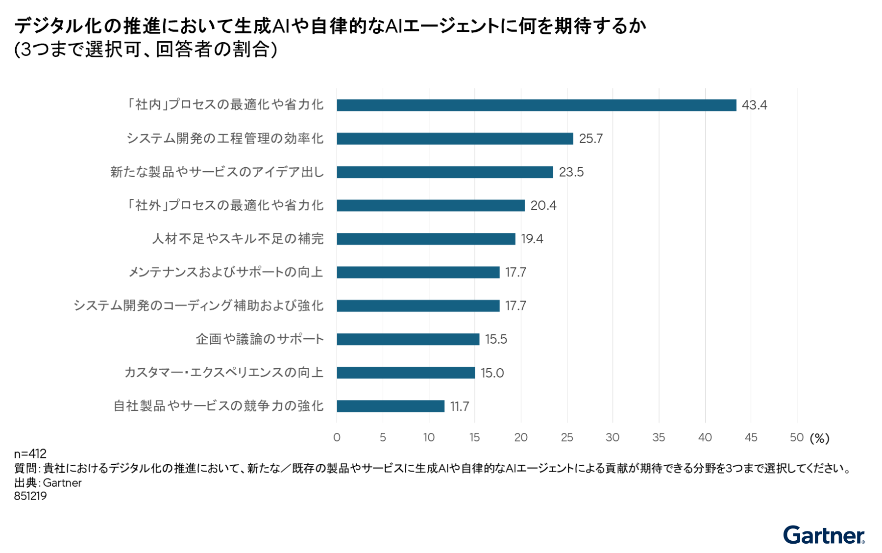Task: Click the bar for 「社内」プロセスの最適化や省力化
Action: tap(537, 105)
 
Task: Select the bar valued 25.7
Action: tap(455, 139)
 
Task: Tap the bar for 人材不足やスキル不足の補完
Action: tap(426, 239)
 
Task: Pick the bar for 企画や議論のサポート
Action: tap(408, 339)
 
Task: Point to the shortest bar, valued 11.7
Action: tap(391, 406)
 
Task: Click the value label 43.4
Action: tap(755, 105)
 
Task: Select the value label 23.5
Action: tap(571, 172)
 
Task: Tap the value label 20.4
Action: tap(543, 205)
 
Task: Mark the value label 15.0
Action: tap(492, 373)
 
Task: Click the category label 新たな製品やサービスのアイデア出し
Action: tap(217, 172)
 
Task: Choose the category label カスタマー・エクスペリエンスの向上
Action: tap(224, 373)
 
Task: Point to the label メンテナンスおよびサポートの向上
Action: tap(226, 272)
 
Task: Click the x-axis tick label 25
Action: tap(567, 437)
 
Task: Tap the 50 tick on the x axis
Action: tap(797, 437)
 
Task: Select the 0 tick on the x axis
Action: tap(337, 437)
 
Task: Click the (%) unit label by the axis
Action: tap(820, 438)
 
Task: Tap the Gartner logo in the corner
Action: tap(824, 535)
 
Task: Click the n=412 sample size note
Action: tap(30, 453)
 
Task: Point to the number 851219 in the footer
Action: tap(30, 496)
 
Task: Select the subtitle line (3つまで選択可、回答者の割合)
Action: tap(146, 50)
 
